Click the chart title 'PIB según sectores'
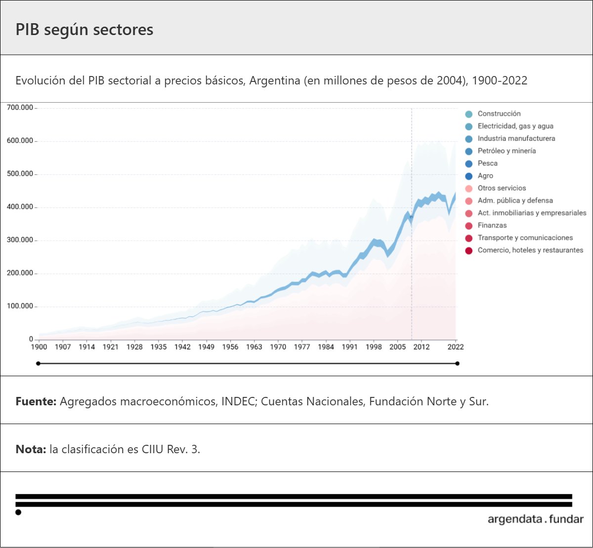click(85, 30)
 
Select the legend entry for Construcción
click(499, 114)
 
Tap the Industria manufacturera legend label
click(516, 138)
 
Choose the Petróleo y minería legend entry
click(507, 151)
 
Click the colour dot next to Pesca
click(469, 164)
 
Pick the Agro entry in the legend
click(485, 176)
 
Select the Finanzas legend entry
click(492, 225)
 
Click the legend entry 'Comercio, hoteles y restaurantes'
click(530, 250)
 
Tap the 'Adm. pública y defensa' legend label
click(515, 200)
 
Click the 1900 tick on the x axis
click(39, 347)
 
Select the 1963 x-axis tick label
click(254, 347)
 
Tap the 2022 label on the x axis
click(455, 347)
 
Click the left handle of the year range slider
click(39, 364)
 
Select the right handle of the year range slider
click(457, 364)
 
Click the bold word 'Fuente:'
click(36, 401)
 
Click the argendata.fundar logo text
click(535, 519)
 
